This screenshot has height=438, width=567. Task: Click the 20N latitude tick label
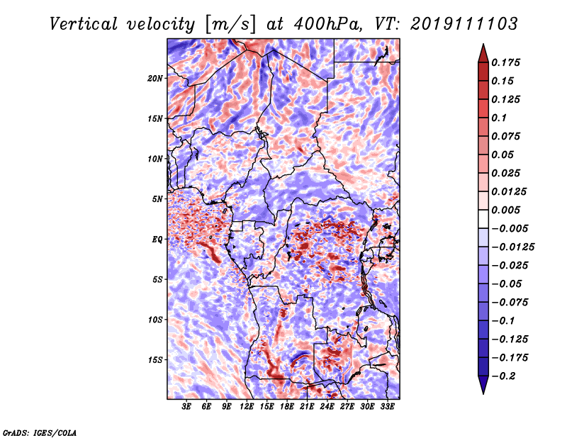[x=155, y=79]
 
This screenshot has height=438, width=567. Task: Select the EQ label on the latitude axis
[x=157, y=240]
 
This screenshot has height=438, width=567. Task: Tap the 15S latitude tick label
[x=155, y=360]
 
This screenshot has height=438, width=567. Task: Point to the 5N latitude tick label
[x=157, y=199]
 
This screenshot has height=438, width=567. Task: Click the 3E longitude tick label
[x=186, y=407]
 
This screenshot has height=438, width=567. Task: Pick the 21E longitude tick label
[x=307, y=407]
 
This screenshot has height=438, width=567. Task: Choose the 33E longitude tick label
[x=387, y=407]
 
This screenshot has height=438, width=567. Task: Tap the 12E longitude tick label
[x=246, y=407]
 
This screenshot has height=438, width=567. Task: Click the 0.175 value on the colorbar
[x=505, y=62]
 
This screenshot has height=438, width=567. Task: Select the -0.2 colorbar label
[x=503, y=376]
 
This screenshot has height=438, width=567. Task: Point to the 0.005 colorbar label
[x=505, y=210]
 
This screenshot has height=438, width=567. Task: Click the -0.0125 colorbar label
[x=512, y=247]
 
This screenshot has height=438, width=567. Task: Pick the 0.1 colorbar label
[x=499, y=118]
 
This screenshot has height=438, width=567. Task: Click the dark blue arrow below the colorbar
[x=483, y=385]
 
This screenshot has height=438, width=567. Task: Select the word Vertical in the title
[x=84, y=24]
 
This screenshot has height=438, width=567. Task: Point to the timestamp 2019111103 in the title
[x=464, y=24]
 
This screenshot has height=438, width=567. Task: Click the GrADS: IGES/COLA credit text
[x=40, y=432]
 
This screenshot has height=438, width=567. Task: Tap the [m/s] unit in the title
[x=230, y=25]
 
